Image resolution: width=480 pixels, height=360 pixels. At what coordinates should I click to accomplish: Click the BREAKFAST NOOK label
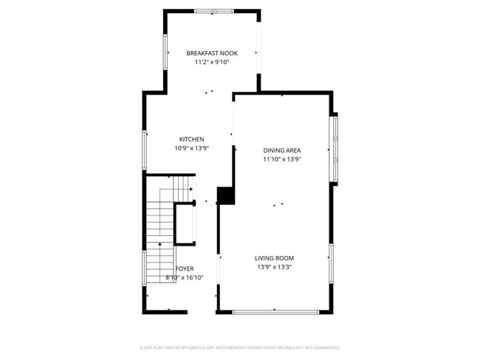210,54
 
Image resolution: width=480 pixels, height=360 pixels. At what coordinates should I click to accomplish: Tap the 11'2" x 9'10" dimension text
210,63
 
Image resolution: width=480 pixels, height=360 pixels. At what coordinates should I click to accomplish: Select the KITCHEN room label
192,139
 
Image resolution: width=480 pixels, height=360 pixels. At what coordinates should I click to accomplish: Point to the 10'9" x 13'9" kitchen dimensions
192,148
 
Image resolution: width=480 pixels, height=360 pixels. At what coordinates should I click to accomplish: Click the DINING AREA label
282,150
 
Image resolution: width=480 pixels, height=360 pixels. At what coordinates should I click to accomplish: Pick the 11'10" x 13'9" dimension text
282,159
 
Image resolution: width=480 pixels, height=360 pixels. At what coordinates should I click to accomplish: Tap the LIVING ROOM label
274,258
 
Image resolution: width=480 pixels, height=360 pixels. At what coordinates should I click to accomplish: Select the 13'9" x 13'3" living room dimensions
274,267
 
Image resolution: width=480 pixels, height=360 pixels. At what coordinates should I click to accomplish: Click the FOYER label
185,269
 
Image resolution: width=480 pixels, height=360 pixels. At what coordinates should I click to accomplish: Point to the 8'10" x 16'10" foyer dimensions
185,278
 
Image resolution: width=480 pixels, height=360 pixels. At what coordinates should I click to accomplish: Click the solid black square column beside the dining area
225,195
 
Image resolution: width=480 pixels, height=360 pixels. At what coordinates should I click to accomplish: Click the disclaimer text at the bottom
239,347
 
